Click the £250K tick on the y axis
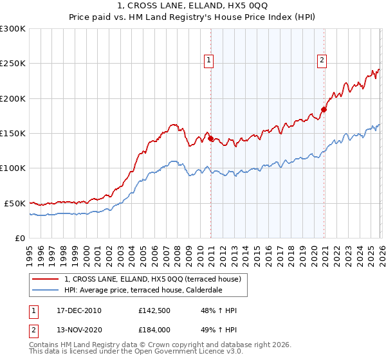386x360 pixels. (13, 64)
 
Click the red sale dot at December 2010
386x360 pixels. (210, 138)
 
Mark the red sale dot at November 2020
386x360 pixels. (324, 109)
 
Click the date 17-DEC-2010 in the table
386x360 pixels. (79, 310)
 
